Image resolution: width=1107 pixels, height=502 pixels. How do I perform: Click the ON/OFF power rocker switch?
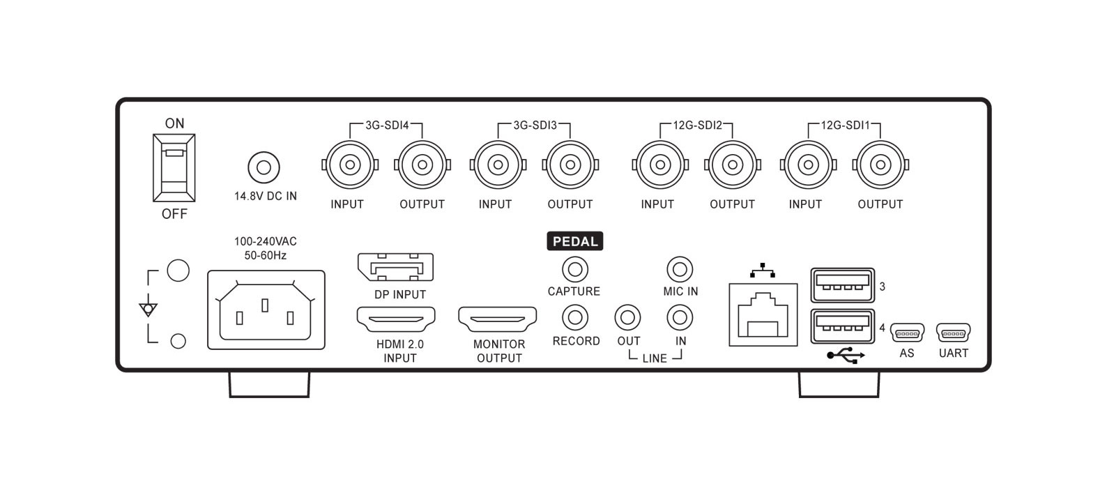174,168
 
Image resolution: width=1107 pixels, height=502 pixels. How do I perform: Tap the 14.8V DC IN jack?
264,167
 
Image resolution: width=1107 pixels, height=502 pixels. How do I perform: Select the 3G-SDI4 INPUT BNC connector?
350,165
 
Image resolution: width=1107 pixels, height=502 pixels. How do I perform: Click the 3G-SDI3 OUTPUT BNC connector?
570,165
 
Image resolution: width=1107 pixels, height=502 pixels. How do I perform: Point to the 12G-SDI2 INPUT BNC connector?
659,165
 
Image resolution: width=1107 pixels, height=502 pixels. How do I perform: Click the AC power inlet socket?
266,310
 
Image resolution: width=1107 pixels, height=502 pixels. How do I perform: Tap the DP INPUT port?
395,268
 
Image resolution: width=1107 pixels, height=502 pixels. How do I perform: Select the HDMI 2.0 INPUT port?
396,320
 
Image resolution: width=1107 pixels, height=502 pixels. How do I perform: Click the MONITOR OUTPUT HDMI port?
497,320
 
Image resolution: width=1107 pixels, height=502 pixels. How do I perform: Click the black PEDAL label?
574,241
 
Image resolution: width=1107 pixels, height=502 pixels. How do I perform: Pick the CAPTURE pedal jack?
575,268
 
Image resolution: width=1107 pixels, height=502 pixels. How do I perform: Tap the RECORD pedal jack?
575,318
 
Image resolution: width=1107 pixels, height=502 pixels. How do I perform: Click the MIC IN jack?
680,268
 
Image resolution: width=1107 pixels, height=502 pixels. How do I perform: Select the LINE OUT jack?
627,318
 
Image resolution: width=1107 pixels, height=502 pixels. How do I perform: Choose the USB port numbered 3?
843,284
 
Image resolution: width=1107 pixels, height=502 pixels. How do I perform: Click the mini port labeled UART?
953,333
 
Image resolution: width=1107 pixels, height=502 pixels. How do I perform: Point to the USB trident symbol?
846,356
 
